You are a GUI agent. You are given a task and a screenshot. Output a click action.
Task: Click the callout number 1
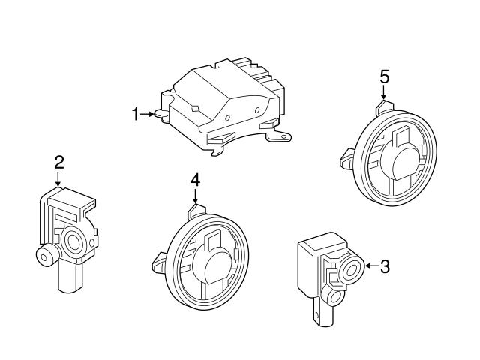click(136, 114)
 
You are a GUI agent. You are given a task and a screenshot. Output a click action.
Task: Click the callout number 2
click(58, 161)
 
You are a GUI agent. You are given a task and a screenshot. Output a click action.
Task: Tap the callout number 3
click(384, 265)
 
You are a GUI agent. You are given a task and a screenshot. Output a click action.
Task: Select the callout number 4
click(195, 179)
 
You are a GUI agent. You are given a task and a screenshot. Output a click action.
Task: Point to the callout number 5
click(384, 76)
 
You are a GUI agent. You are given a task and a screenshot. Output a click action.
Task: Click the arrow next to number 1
click(150, 114)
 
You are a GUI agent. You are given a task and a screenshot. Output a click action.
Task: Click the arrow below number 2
click(58, 178)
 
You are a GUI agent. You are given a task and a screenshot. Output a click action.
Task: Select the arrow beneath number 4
click(195, 196)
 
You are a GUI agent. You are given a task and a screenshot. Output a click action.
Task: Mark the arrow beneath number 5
click(384, 93)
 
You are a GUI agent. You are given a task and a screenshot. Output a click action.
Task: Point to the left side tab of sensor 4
click(159, 262)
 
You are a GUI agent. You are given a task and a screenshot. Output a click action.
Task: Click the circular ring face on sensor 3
click(350, 271)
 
